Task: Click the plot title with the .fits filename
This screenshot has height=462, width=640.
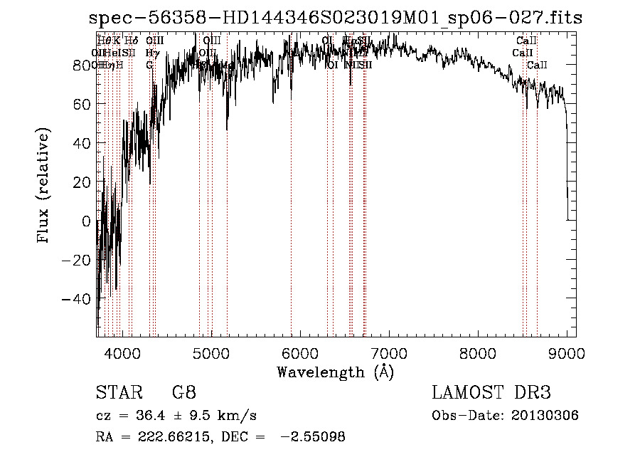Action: coord(336,19)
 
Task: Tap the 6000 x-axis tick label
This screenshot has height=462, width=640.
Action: coord(299,353)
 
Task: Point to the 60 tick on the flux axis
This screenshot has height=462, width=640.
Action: coord(82,104)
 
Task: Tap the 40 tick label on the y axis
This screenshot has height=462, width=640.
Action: coord(82,143)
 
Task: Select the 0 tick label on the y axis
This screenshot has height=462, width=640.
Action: coord(87,221)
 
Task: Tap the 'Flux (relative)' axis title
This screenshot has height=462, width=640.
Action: coord(44,187)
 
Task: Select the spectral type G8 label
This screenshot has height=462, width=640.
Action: coord(183,392)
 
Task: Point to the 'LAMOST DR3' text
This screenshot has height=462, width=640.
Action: coord(491,392)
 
